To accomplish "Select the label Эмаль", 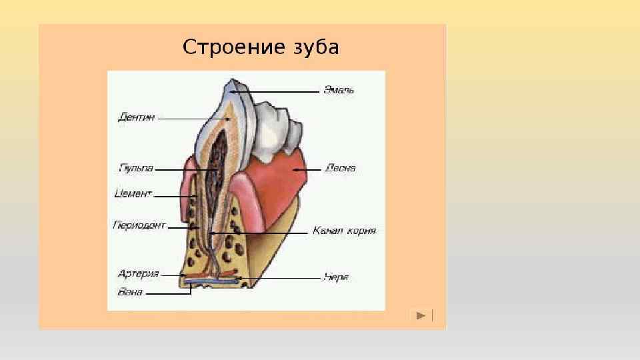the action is click(339, 90).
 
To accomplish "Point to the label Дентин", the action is click(137, 117).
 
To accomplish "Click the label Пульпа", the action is click(135, 169).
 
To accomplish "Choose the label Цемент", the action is click(133, 195).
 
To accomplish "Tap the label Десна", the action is click(341, 169).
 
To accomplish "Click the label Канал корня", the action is click(345, 231).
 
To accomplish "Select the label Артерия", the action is click(138, 273).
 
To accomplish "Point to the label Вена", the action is click(130, 292).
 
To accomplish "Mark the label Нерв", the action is click(336, 277).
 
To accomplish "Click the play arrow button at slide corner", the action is click(421, 315).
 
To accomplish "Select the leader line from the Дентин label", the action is click(193, 119).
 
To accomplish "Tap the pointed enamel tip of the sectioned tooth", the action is click(230, 83).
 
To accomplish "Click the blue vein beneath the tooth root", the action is click(213, 282).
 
